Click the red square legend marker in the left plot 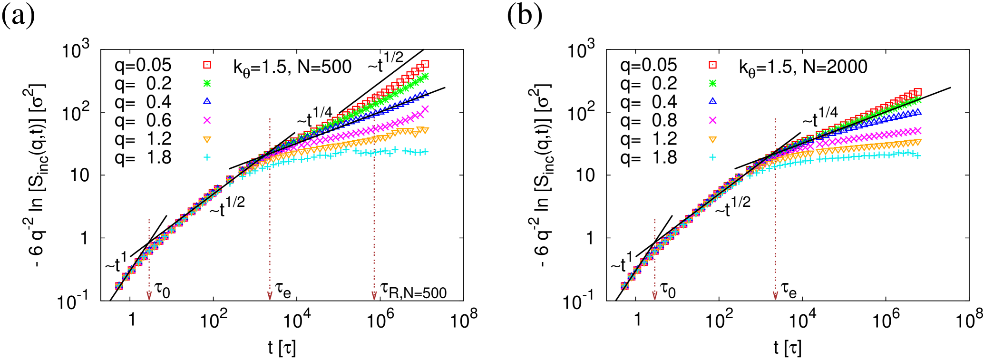point(207,65)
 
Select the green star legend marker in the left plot point(207,83)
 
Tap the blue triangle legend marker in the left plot point(207,101)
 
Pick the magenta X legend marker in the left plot point(207,120)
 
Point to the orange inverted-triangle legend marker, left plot point(207,140)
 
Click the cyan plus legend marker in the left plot point(207,157)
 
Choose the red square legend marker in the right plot point(712,65)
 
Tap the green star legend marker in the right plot point(712,83)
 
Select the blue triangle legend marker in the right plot point(712,101)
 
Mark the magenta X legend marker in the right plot point(712,120)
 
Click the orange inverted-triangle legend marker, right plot point(712,140)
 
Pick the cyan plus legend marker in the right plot point(712,157)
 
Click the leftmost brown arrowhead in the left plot point(149,296)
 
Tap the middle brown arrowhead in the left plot point(270,296)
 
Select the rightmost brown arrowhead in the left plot point(374,296)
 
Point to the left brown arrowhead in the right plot point(655,296)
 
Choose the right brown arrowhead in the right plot point(776,296)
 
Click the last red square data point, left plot point(425,64)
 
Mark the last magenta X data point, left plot point(425,109)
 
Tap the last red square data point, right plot point(918,92)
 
